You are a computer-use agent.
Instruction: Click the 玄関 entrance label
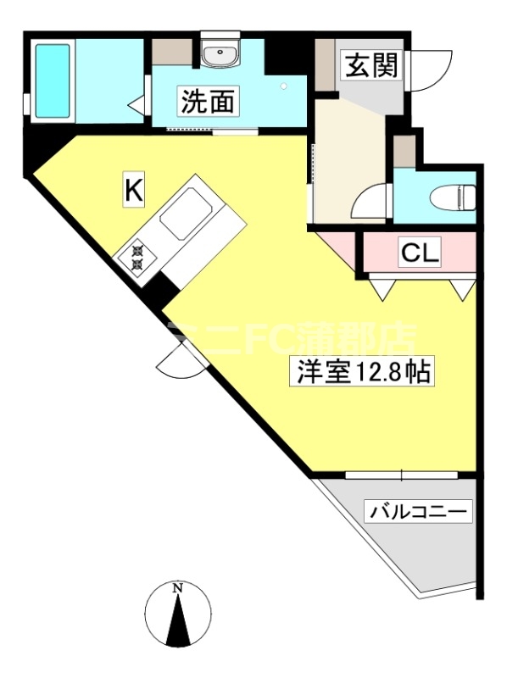[370, 66]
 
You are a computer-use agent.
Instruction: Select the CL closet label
[419, 252]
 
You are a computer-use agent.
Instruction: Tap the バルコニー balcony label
[416, 512]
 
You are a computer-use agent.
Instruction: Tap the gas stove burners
[137, 257]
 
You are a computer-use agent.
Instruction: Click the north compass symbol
[178, 615]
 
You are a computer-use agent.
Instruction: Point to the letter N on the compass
[178, 587]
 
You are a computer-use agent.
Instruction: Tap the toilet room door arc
[370, 203]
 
